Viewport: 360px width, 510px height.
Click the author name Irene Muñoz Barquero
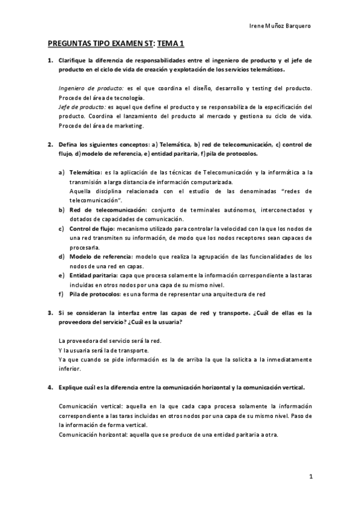tap(279, 26)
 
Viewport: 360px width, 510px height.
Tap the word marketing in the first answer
tap(130, 126)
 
